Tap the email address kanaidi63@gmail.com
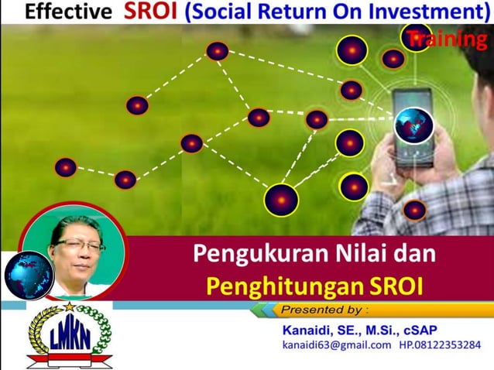tap(336, 344)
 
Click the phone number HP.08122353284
tap(439, 344)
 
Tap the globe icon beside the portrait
tap(29, 274)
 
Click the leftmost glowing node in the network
tap(66, 167)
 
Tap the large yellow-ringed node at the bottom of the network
tap(281, 200)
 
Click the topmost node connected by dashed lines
tap(217, 51)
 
